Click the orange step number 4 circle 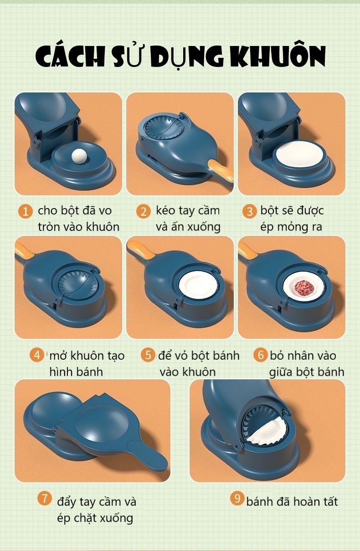(x=37, y=355)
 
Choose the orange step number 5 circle (x=148, y=355)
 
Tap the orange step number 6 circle (x=261, y=355)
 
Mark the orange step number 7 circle (x=45, y=498)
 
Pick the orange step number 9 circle (x=237, y=498)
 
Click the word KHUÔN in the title (x=278, y=56)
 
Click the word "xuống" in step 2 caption (x=204, y=227)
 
